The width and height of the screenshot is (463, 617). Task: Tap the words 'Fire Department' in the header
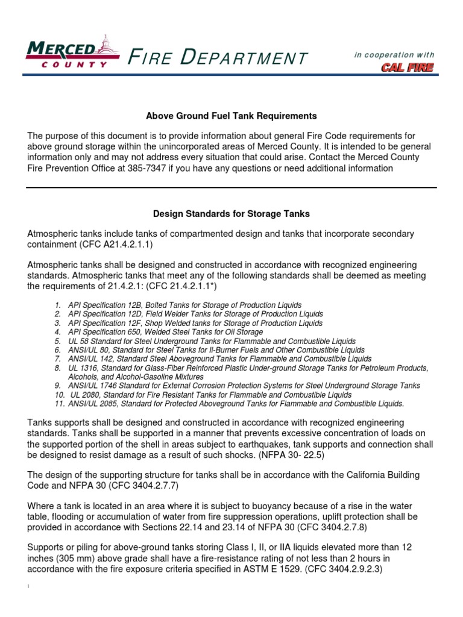(x=218, y=58)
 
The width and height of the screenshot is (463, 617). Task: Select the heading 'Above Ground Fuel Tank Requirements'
(x=231, y=116)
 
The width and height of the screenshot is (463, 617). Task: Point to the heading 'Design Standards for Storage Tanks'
(x=231, y=213)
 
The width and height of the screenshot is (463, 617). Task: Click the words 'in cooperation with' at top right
(x=394, y=55)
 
